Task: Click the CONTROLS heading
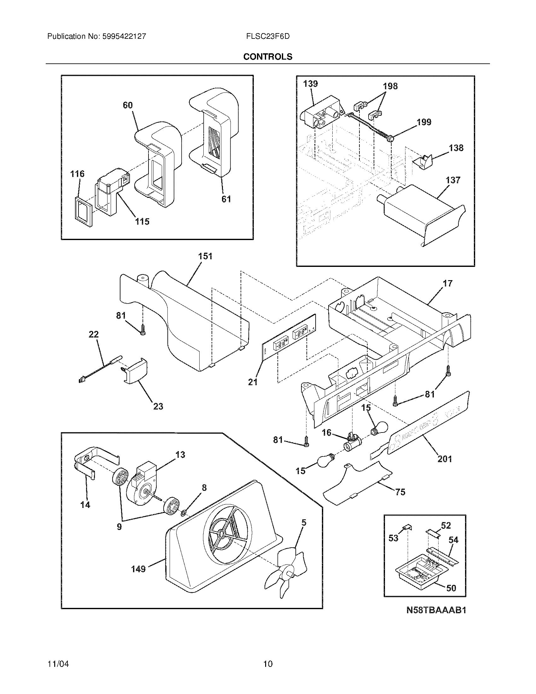coord(268,56)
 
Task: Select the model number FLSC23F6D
coord(268,36)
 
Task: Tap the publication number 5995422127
coord(124,36)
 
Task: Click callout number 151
coord(205,256)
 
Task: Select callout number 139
coord(310,84)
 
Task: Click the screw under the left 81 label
coord(143,330)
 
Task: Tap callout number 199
coord(424,122)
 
